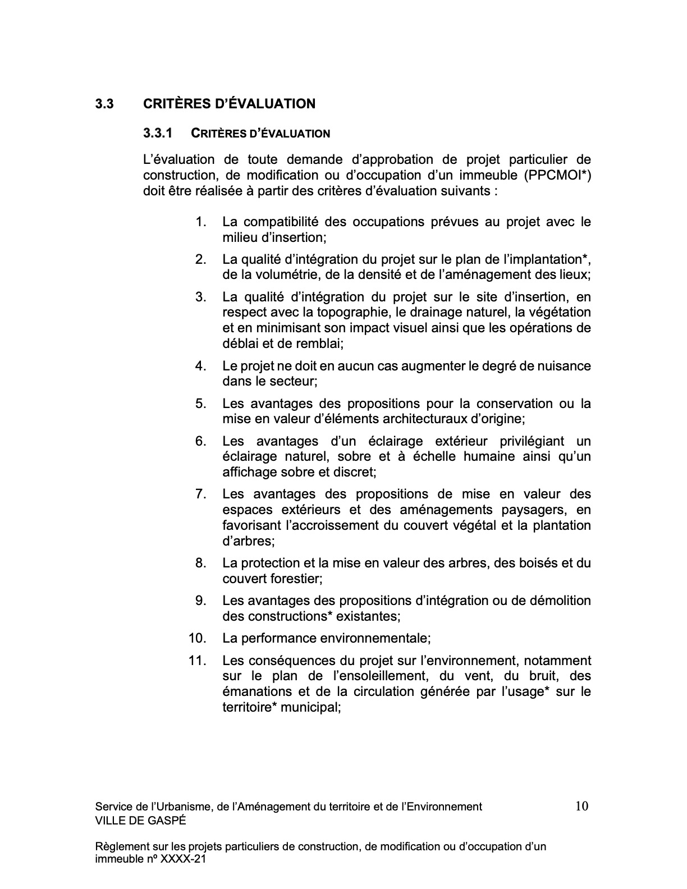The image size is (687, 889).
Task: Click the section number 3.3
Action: pos(104,104)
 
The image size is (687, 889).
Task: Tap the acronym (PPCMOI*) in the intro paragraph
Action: pos(558,175)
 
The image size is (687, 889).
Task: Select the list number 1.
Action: pos(201,222)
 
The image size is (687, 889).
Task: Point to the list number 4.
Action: pos(201,366)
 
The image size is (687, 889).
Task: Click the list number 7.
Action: pos(201,494)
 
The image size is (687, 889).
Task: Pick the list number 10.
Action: pos(198,638)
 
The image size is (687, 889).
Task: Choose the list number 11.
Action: pos(198,661)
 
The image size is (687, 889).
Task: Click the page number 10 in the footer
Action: pos(581,806)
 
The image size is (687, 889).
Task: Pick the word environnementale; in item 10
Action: pos(374,638)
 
